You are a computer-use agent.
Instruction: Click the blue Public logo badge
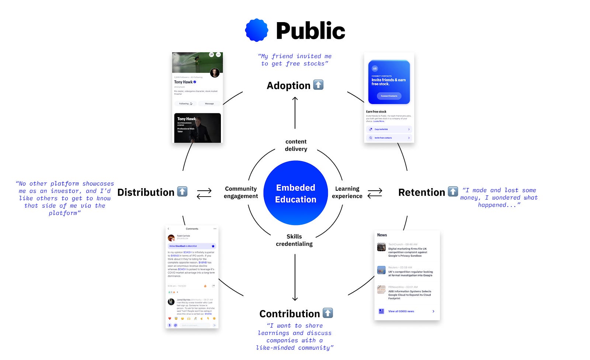(257, 30)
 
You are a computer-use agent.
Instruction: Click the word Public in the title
(310, 31)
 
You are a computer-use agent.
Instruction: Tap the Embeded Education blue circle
(295, 193)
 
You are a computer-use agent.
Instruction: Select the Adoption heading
(288, 86)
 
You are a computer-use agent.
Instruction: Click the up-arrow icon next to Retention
(452, 191)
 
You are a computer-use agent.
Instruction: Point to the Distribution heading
(146, 192)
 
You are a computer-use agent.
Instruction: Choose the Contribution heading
(289, 314)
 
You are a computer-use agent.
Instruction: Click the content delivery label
(296, 145)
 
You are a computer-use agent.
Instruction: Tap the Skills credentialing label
(294, 240)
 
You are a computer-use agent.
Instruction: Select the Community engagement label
(241, 192)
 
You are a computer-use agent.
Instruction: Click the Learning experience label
(347, 192)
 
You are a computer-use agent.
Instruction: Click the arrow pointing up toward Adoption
(295, 112)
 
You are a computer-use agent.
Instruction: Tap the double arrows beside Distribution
(204, 193)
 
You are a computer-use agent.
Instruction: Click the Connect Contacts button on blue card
(389, 96)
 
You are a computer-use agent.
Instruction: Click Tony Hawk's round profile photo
(215, 73)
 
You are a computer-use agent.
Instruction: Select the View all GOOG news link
(401, 311)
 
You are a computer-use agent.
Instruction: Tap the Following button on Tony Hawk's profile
(185, 104)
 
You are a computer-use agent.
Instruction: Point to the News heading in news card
(382, 235)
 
